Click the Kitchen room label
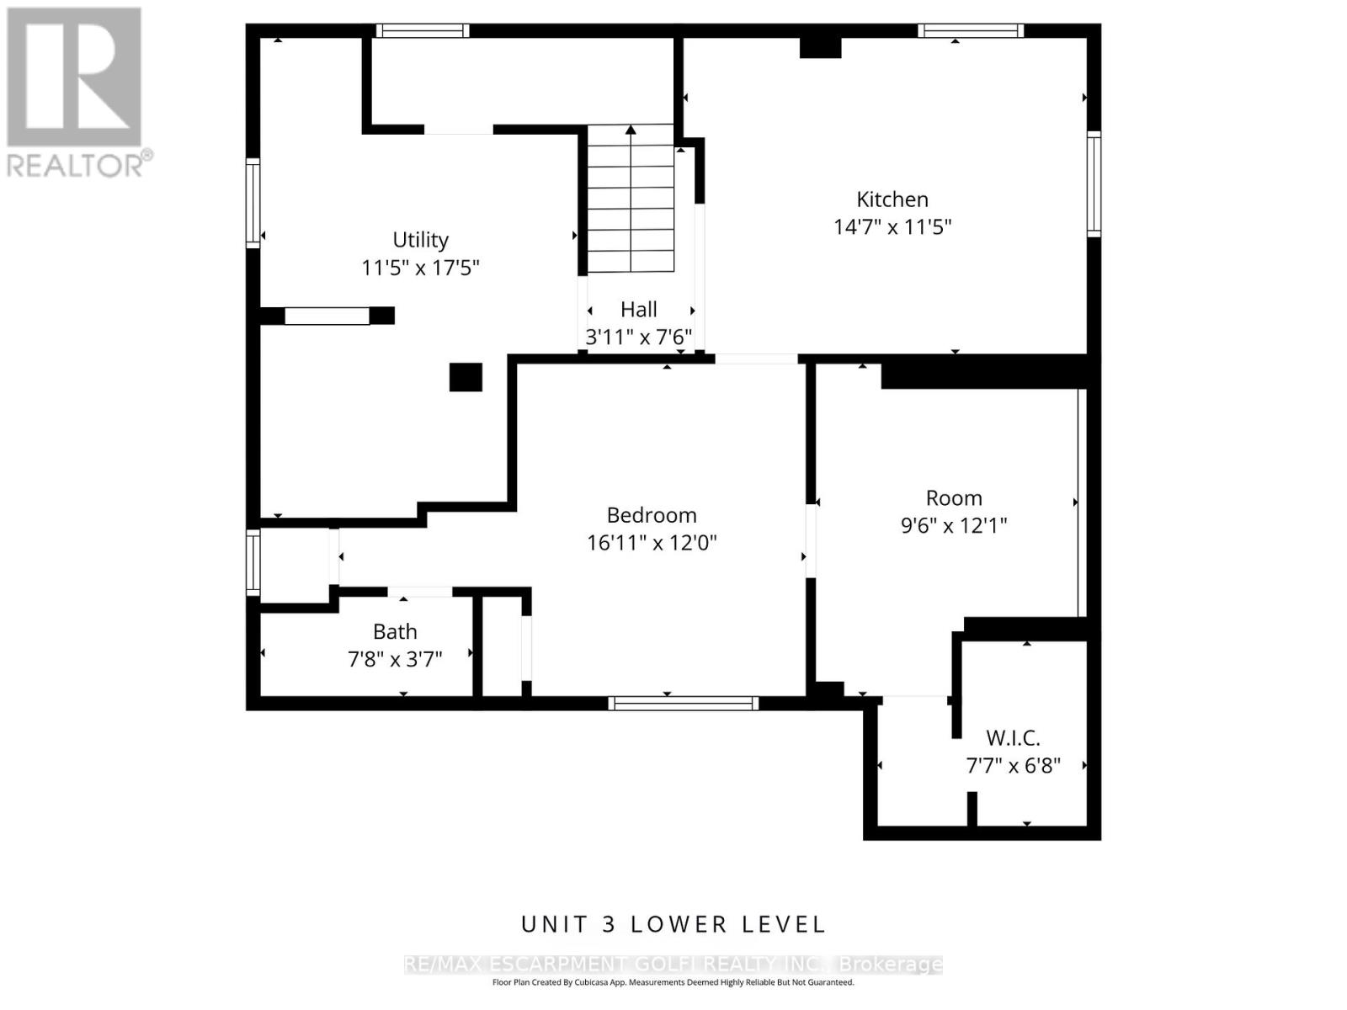[x=892, y=199]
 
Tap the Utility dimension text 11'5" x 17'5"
[x=420, y=268]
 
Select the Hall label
[x=638, y=309]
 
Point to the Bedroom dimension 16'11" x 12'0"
[x=652, y=543]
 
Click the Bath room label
[x=395, y=631]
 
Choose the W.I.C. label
[x=1013, y=738]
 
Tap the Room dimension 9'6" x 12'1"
[x=954, y=525]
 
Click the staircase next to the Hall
[x=631, y=198]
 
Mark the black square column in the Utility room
[x=466, y=377]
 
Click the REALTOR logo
[x=77, y=92]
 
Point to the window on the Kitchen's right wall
[x=1094, y=184]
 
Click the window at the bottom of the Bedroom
[x=683, y=704]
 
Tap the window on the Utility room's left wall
[x=253, y=204]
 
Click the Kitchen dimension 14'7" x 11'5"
[x=892, y=227]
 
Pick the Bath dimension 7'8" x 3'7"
[x=395, y=659]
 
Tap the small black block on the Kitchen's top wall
[x=820, y=48]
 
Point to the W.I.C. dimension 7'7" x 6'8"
[x=1013, y=766]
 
